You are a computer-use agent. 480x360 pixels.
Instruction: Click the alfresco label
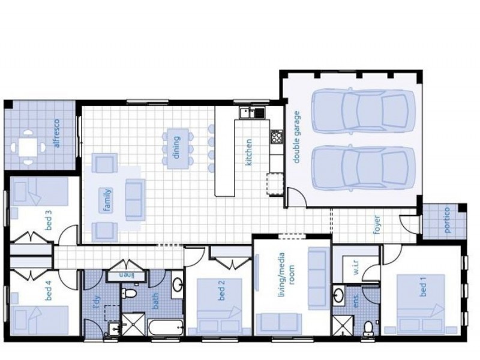[56, 133]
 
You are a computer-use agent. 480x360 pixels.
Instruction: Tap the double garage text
[296, 137]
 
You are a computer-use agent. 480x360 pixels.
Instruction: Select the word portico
[447, 220]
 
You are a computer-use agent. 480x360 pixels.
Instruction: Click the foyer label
[377, 225]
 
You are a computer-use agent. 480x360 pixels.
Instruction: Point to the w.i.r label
[356, 267]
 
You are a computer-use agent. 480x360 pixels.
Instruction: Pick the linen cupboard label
[127, 275]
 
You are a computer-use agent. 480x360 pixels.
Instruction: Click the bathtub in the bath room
[166, 328]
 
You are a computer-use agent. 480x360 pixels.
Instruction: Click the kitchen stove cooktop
[277, 137]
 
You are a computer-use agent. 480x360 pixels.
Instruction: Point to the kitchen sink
[252, 113]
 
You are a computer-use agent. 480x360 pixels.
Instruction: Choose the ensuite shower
[343, 326]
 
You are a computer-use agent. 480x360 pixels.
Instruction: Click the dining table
[178, 149]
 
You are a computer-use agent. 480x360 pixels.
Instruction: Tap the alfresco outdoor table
[28, 148]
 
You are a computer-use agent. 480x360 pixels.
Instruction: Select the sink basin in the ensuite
[338, 295]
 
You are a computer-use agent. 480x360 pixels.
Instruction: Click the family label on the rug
[107, 200]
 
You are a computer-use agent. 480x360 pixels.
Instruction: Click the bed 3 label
[49, 220]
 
